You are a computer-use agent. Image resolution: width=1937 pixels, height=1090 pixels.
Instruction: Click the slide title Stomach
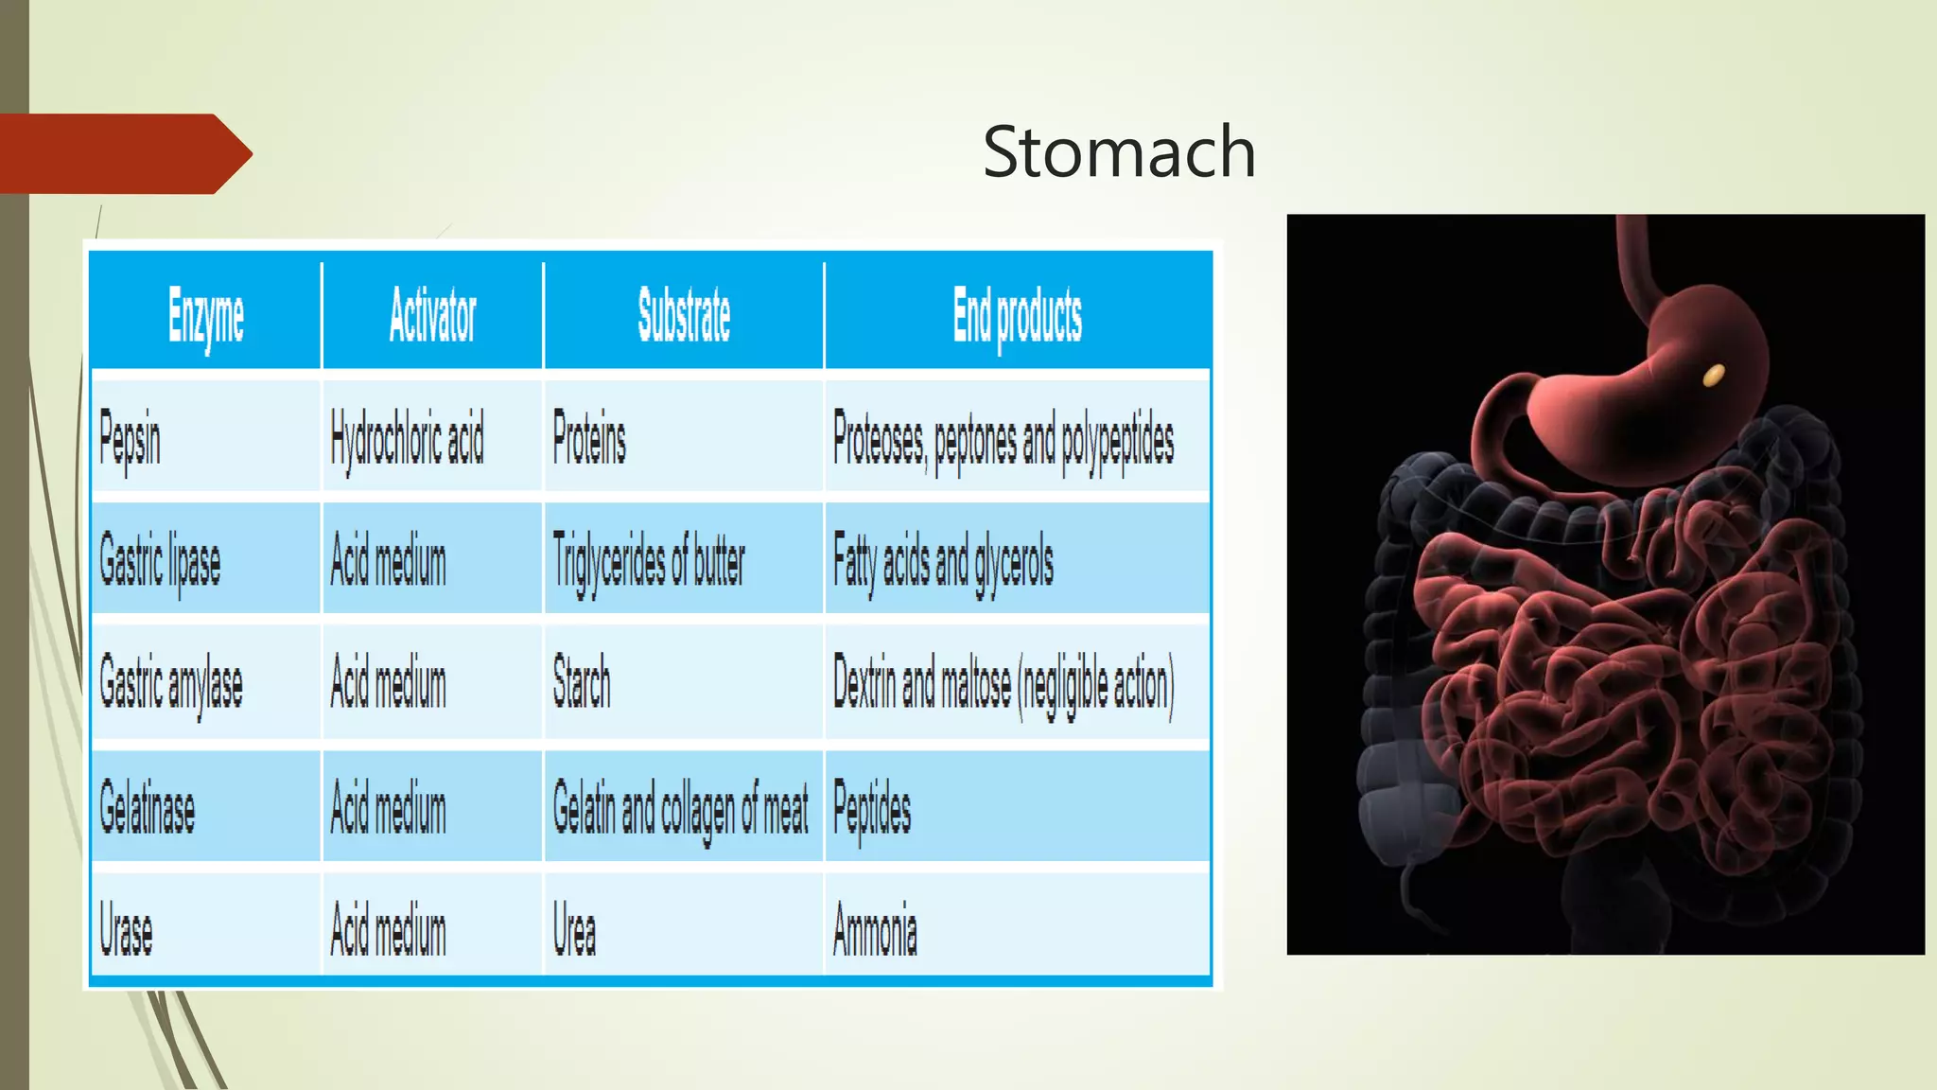(1119, 151)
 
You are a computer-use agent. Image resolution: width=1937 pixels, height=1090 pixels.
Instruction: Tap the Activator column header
(432, 316)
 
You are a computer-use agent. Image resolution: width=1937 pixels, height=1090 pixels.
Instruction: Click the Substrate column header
(684, 315)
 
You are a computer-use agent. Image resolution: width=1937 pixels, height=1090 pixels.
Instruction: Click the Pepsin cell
(131, 440)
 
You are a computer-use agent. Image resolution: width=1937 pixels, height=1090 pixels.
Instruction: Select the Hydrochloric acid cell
(407, 440)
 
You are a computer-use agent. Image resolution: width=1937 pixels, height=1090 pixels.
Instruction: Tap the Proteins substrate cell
(589, 440)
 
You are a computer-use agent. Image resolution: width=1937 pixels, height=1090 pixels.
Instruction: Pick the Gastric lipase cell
(160, 561)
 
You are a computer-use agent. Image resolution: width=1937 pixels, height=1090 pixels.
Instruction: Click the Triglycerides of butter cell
(649, 561)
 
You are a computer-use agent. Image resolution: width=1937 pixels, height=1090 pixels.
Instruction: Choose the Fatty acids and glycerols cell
(943, 561)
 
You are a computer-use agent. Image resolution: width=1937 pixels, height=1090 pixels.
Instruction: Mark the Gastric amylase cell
(171, 684)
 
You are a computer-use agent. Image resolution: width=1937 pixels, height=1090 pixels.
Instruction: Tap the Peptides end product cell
(872, 810)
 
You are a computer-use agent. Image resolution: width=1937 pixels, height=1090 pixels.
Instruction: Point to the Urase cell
(126, 930)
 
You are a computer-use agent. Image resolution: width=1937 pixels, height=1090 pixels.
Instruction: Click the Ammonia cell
(875, 929)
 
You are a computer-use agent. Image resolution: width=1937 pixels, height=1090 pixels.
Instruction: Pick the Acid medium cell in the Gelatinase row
(388, 810)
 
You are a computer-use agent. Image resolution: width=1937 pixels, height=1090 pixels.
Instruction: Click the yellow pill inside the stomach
(1713, 376)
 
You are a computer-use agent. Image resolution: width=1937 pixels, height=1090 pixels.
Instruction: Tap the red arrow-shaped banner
(123, 153)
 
